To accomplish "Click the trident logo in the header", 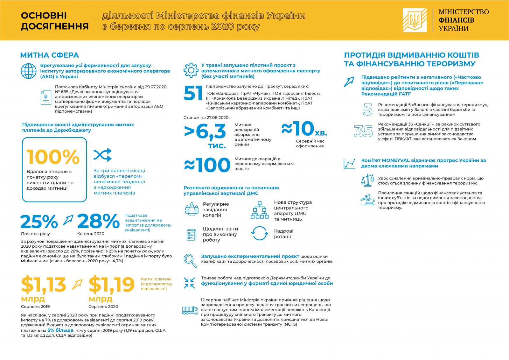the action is (x=415, y=20).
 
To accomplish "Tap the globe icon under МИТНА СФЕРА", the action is (x=28, y=71).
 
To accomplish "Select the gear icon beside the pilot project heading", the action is (x=191, y=70).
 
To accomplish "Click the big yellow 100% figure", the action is (x=53, y=157).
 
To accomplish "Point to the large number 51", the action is (x=193, y=93).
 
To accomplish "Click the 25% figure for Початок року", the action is (x=39, y=222).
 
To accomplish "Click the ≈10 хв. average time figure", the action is (x=304, y=129).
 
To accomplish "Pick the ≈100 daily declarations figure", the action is (x=207, y=165).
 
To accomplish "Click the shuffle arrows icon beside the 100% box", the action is (x=103, y=155).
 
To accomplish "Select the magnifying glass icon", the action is (x=190, y=261).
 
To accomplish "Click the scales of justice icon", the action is (x=367, y=180).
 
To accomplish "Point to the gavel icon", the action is (x=367, y=200).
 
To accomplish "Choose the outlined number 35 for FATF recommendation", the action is (x=363, y=131).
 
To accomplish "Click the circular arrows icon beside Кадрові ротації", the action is (x=260, y=233).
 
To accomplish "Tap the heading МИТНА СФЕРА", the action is (x=50, y=55).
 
